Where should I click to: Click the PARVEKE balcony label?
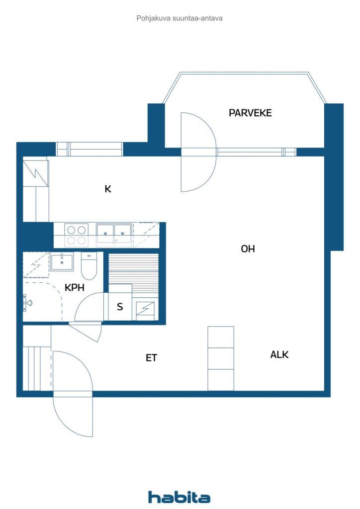(250, 113)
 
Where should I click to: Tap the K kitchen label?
(107, 188)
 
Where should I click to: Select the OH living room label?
(248, 249)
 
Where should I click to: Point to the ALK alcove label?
(279, 354)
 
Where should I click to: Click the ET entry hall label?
(151, 357)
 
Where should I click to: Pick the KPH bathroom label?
(75, 287)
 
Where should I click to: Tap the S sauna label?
(120, 307)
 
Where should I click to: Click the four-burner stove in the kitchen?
(76, 235)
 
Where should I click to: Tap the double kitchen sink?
(114, 234)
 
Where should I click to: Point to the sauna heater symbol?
(145, 310)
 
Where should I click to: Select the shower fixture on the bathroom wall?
(27, 302)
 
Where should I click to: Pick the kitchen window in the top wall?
(90, 149)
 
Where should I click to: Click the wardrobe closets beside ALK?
(221, 358)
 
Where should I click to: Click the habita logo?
(179, 497)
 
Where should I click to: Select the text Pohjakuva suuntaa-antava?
(180, 18)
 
